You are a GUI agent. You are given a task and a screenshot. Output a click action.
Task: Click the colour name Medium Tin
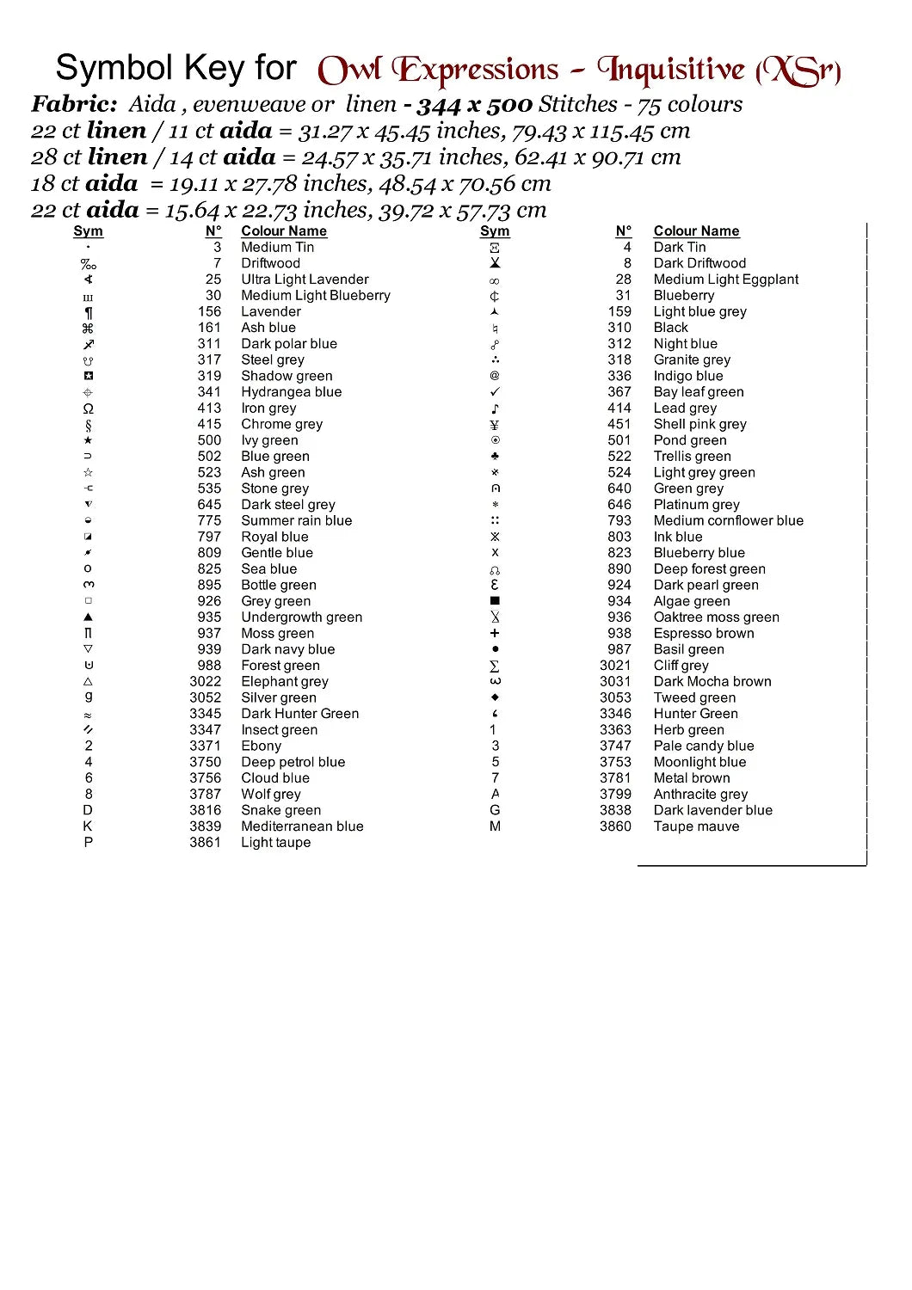(x=277, y=247)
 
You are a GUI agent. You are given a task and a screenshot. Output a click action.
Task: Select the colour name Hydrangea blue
(x=291, y=392)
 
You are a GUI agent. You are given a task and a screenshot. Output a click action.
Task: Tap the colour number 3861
(x=205, y=843)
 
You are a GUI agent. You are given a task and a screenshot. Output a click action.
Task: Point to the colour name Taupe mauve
(x=696, y=826)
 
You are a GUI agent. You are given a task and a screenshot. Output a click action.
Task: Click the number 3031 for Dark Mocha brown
(x=615, y=682)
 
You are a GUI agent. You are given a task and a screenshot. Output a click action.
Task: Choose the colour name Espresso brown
(x=703, y=634)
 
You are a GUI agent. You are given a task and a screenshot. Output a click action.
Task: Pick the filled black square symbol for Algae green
(x=495, y=601)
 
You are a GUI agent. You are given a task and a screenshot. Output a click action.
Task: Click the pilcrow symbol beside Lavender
(x=89, y=312)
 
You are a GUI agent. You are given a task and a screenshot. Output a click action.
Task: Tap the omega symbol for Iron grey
(x=89, y=408)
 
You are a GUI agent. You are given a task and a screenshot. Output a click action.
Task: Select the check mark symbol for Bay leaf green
(x=495, y=392)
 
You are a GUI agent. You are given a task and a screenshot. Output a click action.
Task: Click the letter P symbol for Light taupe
(x=89, y=843)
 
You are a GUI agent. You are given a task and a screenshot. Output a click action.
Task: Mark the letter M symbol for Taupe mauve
(x=495, y=826)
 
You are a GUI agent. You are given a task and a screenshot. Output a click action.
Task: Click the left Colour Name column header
(x=284, y=231)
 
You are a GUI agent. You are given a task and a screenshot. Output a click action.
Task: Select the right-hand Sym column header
(x=495, y=231)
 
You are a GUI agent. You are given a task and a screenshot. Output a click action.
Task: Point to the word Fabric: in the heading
(x=75, y=105)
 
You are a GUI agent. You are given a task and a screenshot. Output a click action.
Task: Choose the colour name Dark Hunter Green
(x=299, y=714)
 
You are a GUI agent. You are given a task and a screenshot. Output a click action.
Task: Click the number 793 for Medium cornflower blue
(x=619, y=521)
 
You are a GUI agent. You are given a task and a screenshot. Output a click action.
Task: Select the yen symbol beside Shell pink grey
(x=495, y=425)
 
